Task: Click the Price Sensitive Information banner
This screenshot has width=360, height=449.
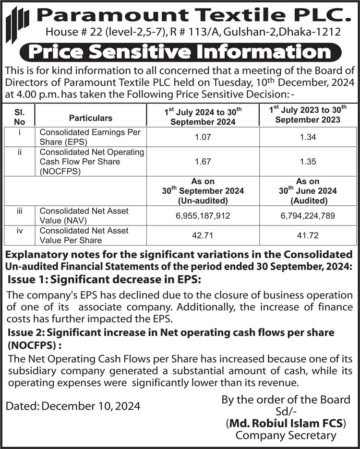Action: pyautogui.click(x=180, y=52)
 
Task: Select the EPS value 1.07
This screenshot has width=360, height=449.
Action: pyautogui.click(x=203, y=138)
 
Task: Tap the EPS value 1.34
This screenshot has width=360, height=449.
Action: pyautogui.click(x=307, y=138)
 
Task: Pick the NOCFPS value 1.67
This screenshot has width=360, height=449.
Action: pyautogui.click(x=203, y=162)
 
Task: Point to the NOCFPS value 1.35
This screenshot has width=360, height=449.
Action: pyautogui.click(x=307, y=162)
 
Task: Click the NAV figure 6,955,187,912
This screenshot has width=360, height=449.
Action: pyautogui.click(x=203, y=216)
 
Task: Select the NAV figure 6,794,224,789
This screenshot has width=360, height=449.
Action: pyautogui.click(x=307, y=216)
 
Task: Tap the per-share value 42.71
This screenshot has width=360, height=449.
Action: pyautogui.click(x=203, y=236)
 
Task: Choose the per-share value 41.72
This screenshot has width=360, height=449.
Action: pyautogui.click(x=307, y=236)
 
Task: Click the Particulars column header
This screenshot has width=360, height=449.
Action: pyautogui.click(x=91, y=118)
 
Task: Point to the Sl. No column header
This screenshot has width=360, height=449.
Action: pyautogui.click(x=20, y=118)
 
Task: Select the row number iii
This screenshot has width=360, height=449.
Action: pyautogui.click(x=20, y=211)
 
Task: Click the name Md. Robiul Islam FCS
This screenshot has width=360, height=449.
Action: pyautogui.click(x=286, y=424)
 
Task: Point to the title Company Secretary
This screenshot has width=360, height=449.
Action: pyautogui.click(x=286, y=436)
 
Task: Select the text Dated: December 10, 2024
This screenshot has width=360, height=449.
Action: pyautogui.click(x=73, y=406)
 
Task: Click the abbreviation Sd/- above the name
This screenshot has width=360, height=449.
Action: pyautogui.click(x=286, y=412)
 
